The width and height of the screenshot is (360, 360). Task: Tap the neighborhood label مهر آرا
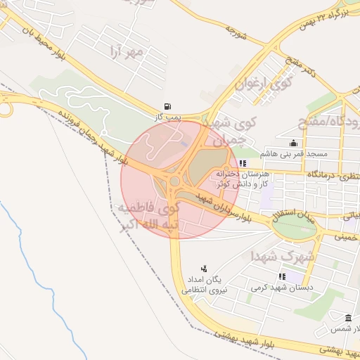tap(127, 52)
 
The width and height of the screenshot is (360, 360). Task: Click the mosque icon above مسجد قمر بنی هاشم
tap(293, 143)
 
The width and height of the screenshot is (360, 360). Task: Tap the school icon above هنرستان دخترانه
tap(243, 163)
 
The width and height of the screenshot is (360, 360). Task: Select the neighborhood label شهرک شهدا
tap(282, 256)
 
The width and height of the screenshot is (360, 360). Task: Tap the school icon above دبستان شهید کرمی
tap(283, 276)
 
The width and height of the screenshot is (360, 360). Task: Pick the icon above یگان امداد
tap(204, 268)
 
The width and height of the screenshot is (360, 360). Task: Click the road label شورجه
tap(239, 30)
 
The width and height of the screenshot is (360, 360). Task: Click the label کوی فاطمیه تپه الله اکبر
tap(150, 216)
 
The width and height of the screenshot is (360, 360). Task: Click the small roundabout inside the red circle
tap(174, 182)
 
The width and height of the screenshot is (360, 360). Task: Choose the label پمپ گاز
tap(169, 115)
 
